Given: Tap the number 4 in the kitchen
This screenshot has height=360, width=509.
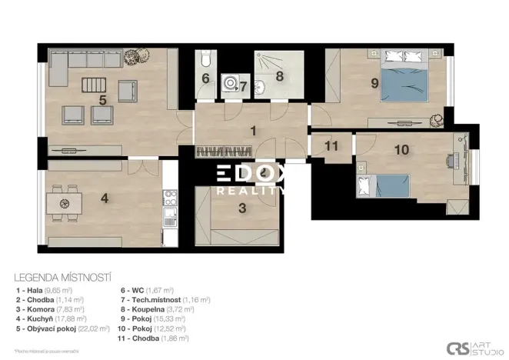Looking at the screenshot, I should [x=105, y=198].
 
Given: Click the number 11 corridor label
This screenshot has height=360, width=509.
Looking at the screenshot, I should [x=331, y=145].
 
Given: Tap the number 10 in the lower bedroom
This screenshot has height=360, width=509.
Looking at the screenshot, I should [x=401, y=149].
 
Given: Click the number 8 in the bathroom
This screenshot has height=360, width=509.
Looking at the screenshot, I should [x=279, y=76].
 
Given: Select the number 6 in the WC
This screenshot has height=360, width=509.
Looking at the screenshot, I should [x=205, y=78].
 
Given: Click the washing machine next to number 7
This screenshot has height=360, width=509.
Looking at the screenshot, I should [x=229, y=84].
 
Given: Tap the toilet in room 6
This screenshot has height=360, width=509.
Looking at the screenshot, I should [x=205, y=60].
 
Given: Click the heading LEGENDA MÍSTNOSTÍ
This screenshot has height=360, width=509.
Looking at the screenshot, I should [x=65, y=275].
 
